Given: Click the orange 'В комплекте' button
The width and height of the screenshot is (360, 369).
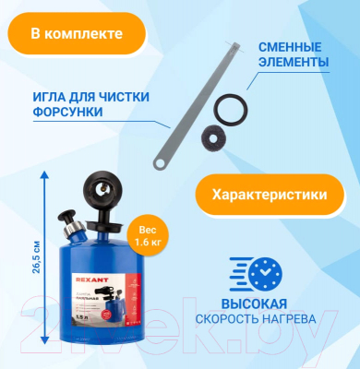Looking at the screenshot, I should [76, 34].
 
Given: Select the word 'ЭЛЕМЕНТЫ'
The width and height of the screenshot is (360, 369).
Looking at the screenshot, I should [294, 62].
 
